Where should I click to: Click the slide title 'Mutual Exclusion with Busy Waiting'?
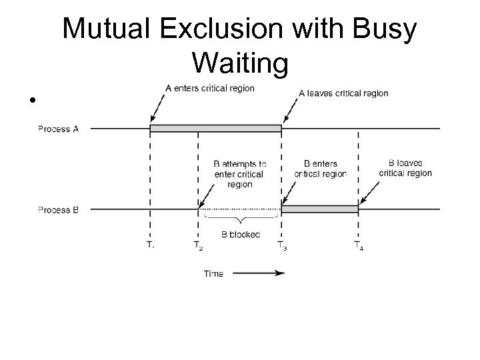pos(239,46)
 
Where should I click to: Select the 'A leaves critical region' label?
pos(343,93)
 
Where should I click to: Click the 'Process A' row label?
pos(59,129)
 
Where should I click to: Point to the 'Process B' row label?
pos(59,209)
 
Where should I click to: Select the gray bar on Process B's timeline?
pos(320,209)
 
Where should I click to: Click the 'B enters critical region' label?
pos(320,169)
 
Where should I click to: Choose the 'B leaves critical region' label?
pos(405,168)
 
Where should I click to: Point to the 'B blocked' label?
pos(240,235)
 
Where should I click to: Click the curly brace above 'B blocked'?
pos(240,219)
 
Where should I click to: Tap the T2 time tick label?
pos(198,246)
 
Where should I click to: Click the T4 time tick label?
pos(359,246)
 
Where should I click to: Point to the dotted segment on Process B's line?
pos(240,209)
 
